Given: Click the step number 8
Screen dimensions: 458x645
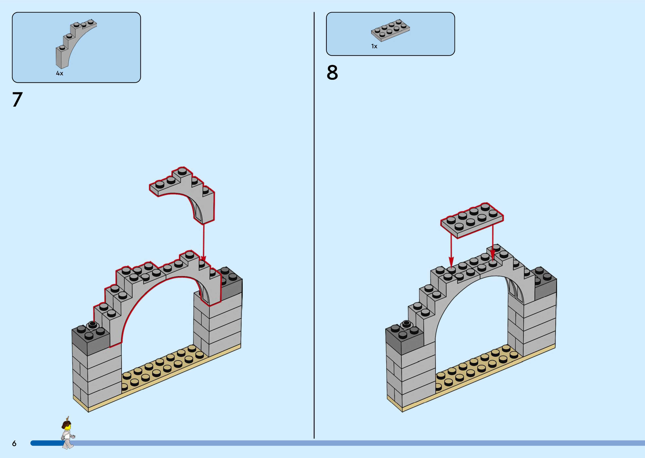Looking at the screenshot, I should (332, 72).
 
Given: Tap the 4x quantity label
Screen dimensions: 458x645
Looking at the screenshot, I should (59, 73).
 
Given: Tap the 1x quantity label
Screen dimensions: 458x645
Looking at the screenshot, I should (374, 46).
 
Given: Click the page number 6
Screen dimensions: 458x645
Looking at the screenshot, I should (14, 444).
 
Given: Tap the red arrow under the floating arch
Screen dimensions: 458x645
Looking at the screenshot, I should (203, 243).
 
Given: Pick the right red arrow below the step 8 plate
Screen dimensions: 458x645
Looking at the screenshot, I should (492, 243).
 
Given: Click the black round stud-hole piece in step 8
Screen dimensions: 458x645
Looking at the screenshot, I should (406, 323).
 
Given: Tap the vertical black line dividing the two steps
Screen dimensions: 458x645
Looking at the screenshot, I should (314, 226).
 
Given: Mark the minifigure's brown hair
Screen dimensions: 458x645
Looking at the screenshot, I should (67, 423).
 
